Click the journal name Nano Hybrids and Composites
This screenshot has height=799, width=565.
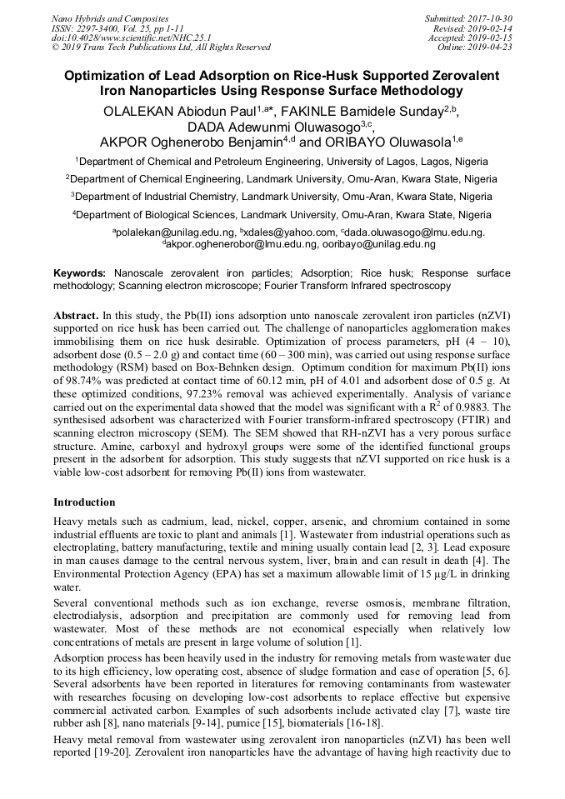click(x=110, y=18)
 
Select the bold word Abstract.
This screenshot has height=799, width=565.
click(x=77, y=317)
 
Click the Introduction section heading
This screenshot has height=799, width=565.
click(x=84, y=502)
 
